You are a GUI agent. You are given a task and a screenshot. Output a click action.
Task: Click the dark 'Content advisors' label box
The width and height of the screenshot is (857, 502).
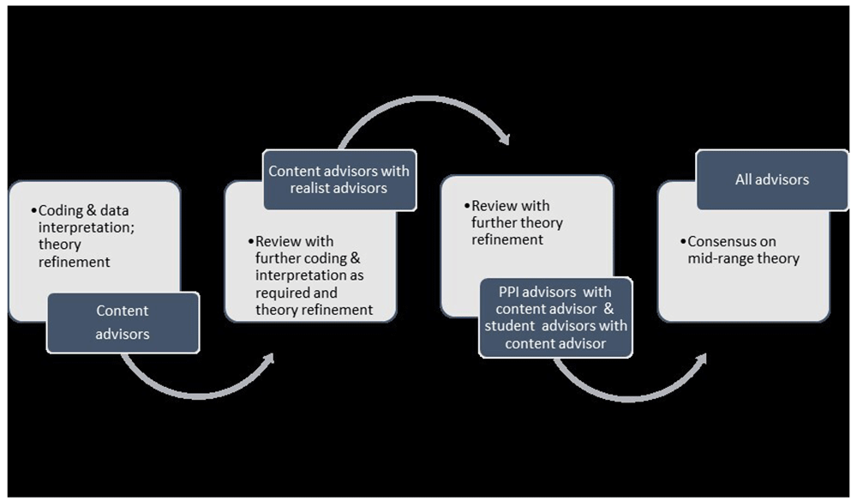coord(123,323)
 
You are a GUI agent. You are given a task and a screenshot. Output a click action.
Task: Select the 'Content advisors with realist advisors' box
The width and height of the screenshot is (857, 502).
coord(339,178)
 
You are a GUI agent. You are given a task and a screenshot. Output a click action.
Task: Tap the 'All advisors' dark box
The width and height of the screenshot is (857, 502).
coord(771,179)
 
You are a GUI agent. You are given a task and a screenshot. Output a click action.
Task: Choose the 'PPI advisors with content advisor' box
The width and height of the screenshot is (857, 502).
coord(556,317)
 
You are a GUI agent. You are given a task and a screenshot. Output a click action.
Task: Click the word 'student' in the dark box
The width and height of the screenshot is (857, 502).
coord(512,326)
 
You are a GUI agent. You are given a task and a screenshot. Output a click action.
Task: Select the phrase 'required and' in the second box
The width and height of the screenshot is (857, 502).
coord(295,293)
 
